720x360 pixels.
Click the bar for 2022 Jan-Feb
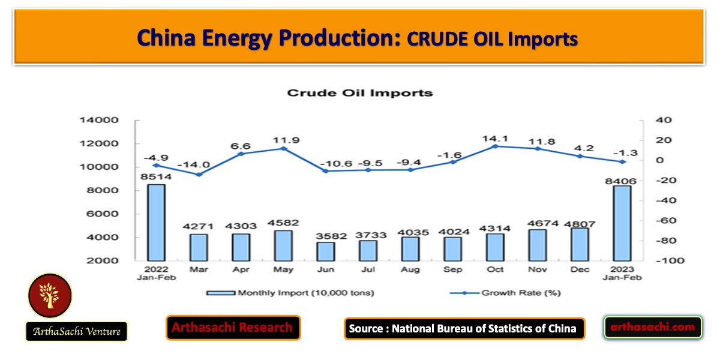(157, 222)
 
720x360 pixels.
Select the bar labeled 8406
(623, 223)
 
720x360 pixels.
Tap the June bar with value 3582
(326, 251)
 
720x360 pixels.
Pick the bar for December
(580, 244)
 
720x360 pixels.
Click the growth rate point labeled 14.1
(496, 146)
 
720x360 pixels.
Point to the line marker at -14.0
(199, 175)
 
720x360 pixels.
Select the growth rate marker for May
(283, 148)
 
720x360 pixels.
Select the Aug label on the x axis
(410, 270)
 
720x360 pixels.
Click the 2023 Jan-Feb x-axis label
(623, 274)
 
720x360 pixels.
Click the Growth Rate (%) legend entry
(508, 293)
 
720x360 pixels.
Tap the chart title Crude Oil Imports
(359, 93)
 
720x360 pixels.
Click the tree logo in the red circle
(49, 296)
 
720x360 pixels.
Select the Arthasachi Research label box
(233, 328)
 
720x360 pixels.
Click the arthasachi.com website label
(652, 327)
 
